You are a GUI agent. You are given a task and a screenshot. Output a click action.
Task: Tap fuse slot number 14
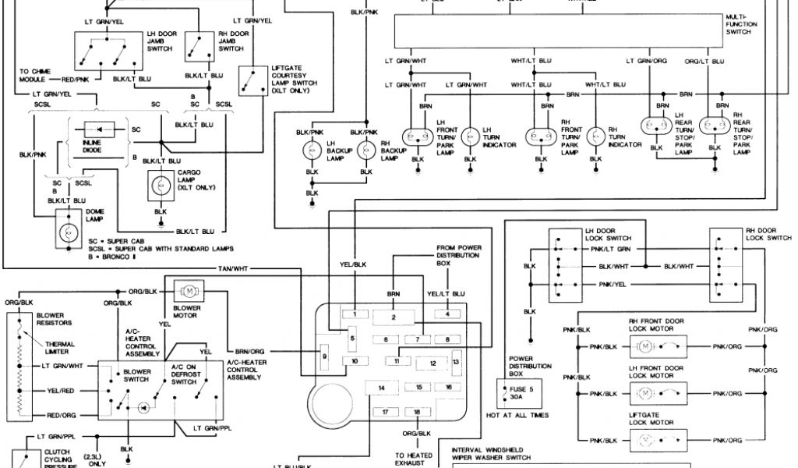click(382, 388)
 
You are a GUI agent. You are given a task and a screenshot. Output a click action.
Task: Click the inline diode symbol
click(98, 129)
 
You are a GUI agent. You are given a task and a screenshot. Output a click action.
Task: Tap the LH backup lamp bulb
click(311, 151)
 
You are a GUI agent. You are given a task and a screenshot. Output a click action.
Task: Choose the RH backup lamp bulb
click(367, 151)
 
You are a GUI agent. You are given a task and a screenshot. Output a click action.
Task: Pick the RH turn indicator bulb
click(595, 136)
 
